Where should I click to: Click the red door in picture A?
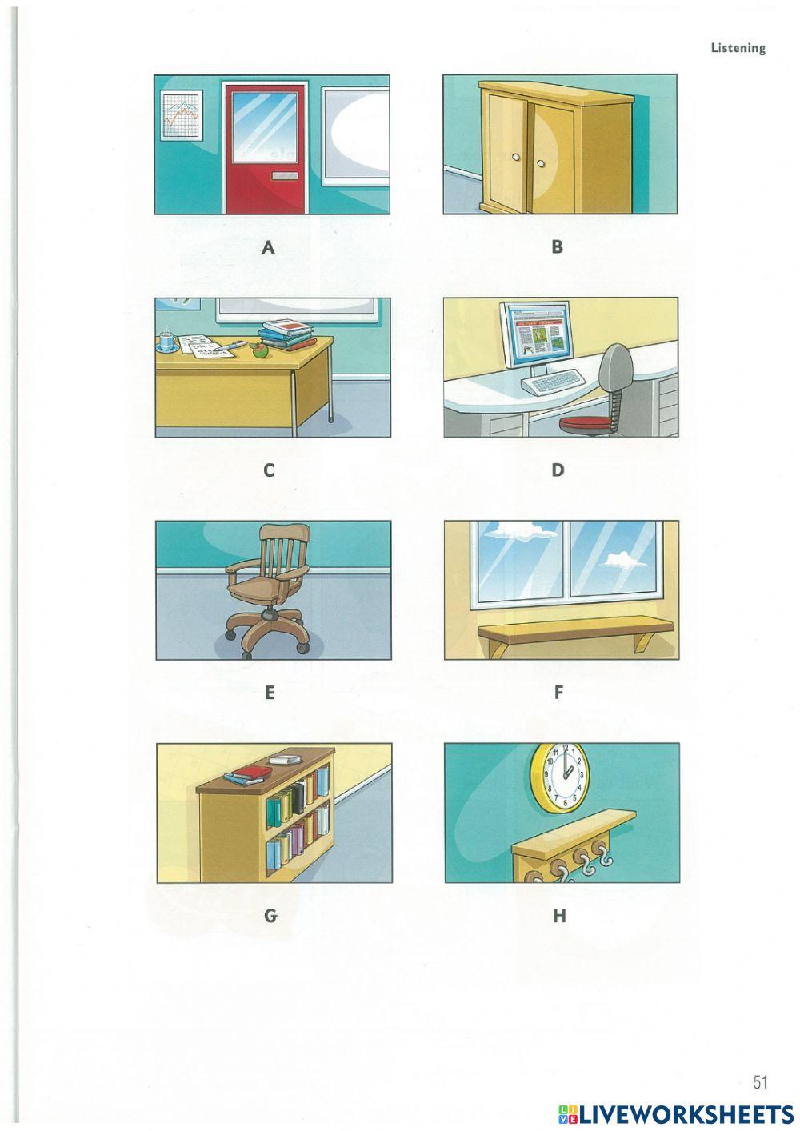point(266,149)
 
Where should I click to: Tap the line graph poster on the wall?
point(182,116)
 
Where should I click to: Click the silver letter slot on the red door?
point(285,176)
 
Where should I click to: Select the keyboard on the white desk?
point(552,382)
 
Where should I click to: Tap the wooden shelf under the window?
point(575,633)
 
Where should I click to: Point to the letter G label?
point(270,915)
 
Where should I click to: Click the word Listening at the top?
point(738,48)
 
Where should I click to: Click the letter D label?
point(558,470)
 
